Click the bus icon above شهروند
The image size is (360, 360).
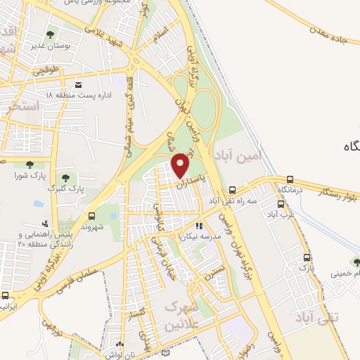pos(91,216)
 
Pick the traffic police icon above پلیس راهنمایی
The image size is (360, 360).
pos(36,224)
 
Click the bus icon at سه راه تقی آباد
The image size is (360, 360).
pos(232,190)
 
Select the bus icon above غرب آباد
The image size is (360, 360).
pos(281,204)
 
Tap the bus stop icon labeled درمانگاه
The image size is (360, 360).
pos(289,180)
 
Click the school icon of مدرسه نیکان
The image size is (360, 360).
pos(199,226)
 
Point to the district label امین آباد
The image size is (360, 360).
pos(238,155)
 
